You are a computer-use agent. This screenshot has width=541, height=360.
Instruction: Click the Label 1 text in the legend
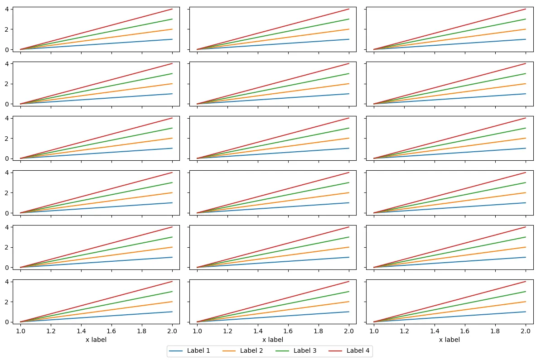coord(199,350)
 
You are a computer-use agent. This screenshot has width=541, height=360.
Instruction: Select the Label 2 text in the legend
coord(251,350)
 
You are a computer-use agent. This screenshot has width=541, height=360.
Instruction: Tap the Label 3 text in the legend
coord(305,350)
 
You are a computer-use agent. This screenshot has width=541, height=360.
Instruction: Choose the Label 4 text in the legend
coord(358,350)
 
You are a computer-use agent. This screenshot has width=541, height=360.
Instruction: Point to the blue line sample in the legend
coord(176,350)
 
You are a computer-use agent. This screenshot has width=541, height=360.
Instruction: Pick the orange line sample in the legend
coord(229,350)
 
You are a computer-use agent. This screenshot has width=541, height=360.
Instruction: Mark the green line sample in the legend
coord(282,350)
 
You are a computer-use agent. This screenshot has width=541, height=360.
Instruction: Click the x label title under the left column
coord(96,340)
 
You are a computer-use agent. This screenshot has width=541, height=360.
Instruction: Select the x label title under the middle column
coord(273,340)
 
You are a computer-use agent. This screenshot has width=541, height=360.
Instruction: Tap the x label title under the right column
coord(449,340)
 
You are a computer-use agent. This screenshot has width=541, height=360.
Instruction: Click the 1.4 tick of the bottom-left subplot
coord(81,331)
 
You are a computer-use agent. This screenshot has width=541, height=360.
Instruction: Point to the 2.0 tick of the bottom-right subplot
coord(526,331)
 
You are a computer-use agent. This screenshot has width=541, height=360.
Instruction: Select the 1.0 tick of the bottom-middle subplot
coord(197,331)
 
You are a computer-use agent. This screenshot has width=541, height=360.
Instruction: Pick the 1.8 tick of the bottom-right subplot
coord(495,331)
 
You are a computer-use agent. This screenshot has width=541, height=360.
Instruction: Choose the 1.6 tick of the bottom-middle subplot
coord(288,331)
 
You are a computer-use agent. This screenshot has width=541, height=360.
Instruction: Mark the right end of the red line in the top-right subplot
coord(526,9)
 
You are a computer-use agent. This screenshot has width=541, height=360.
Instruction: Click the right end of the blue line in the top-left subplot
coord(172,39)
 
